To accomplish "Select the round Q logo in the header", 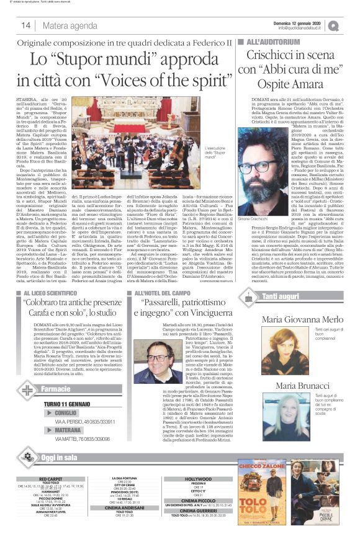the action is (x=351, y=25).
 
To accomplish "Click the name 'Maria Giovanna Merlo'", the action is (x=302, y=320).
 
